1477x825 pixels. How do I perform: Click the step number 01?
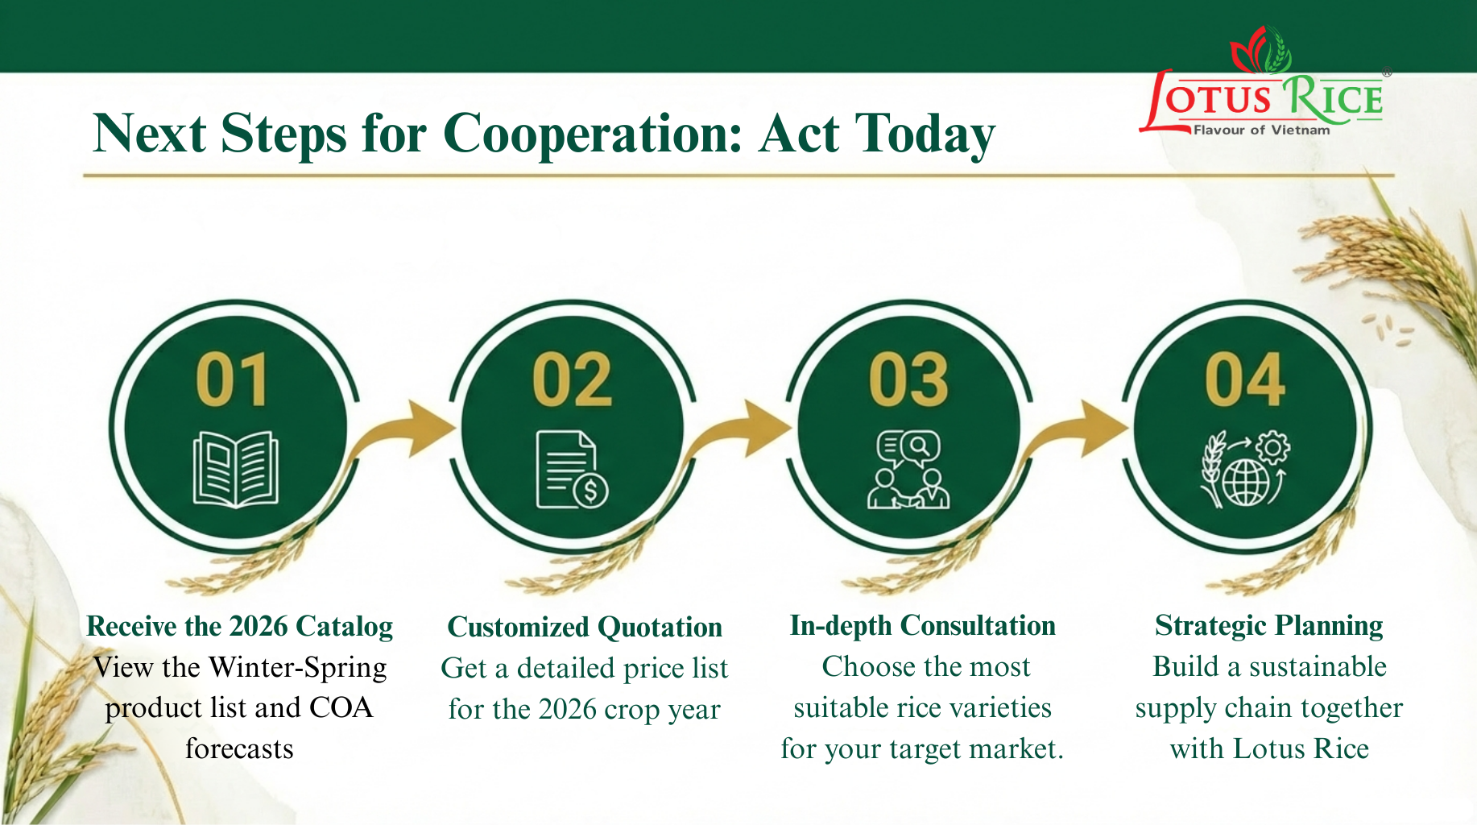[232, 379]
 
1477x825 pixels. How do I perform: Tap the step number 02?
[572, 379]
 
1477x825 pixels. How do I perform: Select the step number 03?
[908, 379]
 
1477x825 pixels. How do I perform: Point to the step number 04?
[1245, 379]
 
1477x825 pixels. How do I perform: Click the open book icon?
[235, 470]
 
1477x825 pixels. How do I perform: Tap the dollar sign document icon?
[572, 470]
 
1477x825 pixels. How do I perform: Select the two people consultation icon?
[908, 470]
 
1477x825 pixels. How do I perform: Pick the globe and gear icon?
[1245, 470]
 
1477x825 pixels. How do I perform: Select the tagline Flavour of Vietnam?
[1261, 130]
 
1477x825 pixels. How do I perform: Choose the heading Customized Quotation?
[585, 627]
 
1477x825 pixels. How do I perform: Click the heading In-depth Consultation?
[923, 626]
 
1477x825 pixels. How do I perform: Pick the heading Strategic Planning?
[1269, 626]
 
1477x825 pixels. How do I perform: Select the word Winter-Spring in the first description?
[297, 668]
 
